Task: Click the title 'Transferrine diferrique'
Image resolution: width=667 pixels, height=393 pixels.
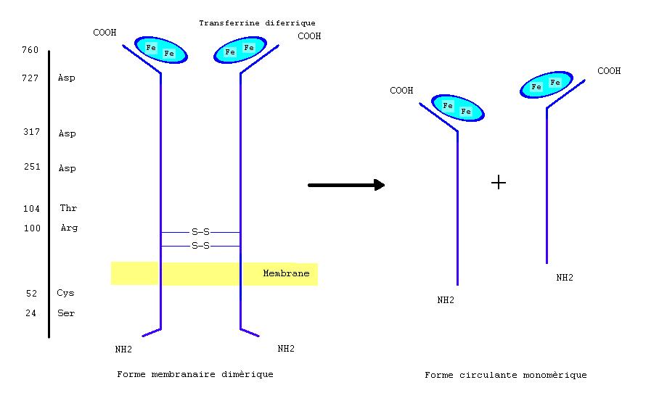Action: [257, 23]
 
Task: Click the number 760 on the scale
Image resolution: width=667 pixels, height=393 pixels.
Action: [30, 50]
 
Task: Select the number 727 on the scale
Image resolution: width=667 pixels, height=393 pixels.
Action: [30, 78]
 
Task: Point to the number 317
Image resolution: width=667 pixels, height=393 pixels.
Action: [30, 133]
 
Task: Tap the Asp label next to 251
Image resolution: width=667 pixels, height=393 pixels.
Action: [67, 169]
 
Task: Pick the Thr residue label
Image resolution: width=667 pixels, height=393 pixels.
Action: [68, 209]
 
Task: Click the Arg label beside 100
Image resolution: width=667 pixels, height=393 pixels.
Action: [69, 228]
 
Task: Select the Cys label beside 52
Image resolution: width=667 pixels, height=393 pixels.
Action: [65, 294]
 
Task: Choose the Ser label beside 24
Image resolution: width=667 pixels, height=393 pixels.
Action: [66, 314]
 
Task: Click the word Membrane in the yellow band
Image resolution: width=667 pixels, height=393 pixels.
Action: [286, 273]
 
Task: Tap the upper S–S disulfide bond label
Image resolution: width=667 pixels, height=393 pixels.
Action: [200, 232]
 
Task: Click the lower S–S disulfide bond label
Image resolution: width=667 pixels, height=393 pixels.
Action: [200, 246]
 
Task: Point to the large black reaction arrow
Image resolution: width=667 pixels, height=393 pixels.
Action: [346, 185]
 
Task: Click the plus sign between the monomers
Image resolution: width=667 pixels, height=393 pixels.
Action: [498, 183]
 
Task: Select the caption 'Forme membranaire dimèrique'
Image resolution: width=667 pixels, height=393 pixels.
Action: [195, 374]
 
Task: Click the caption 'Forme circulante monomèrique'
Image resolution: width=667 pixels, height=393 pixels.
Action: [505, 375]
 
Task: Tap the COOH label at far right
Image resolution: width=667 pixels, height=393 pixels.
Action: [609, 71]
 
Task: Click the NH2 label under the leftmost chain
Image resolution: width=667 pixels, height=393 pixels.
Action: [123, 349]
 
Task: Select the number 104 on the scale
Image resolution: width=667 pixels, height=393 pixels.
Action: [30, 209]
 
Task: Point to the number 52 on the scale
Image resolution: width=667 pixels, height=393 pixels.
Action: [30, 294]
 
